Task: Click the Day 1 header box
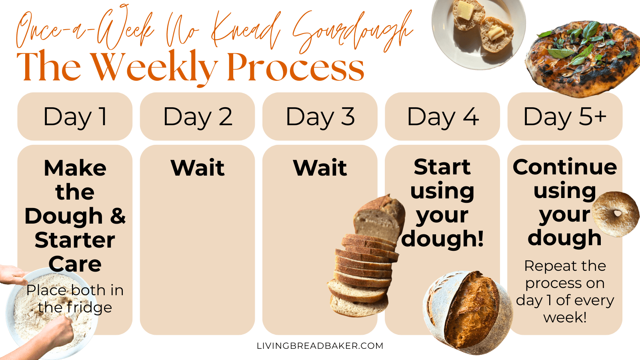point(75,116)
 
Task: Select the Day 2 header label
point(197,116)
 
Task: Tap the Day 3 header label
point(320,116)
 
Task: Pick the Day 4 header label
point(442,116)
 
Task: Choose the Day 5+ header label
point(565,116)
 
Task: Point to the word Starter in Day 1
point(75,240)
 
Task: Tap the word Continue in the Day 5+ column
point(565,167)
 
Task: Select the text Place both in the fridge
point(75,298)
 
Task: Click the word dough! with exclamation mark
point(442,239)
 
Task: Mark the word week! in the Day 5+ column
point(565,317)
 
